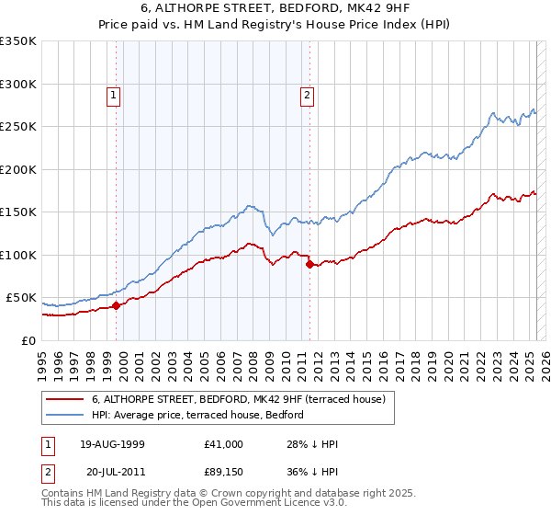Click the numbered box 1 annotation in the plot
[113, 94]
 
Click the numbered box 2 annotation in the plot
[306, 94]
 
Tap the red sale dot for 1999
[116, 305]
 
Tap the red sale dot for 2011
[309, 264]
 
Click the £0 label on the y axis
[27, 340]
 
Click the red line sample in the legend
[65, 399]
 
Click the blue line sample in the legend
[65, 416]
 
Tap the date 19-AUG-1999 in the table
[112, 444]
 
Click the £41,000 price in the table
[224, 444]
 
